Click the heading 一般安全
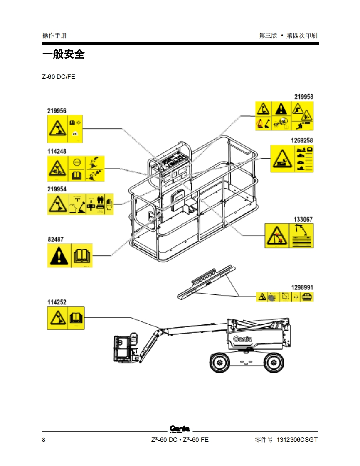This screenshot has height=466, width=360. (63, 54)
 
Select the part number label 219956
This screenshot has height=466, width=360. (57, 111)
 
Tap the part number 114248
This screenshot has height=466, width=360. (57, 152)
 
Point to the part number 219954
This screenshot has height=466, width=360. (57, 189)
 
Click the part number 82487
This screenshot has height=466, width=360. (55, 240)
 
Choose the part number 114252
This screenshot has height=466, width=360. (57, 302)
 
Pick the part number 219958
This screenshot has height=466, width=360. (304, 97)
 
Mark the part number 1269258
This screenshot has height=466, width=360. (302, 140)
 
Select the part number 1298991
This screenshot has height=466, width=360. (302, 287)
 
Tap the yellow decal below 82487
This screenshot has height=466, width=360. (70, 255)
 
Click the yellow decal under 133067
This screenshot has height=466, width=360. (289, 236)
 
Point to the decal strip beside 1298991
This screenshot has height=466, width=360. (284, 297)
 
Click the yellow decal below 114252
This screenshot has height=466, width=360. (66, 318)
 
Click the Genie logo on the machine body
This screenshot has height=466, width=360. (242, 338)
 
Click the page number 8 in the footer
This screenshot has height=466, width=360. (44, 440)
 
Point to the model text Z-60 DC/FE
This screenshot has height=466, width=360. (58, 77)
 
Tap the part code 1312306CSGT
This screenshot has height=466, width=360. (297, 440)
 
